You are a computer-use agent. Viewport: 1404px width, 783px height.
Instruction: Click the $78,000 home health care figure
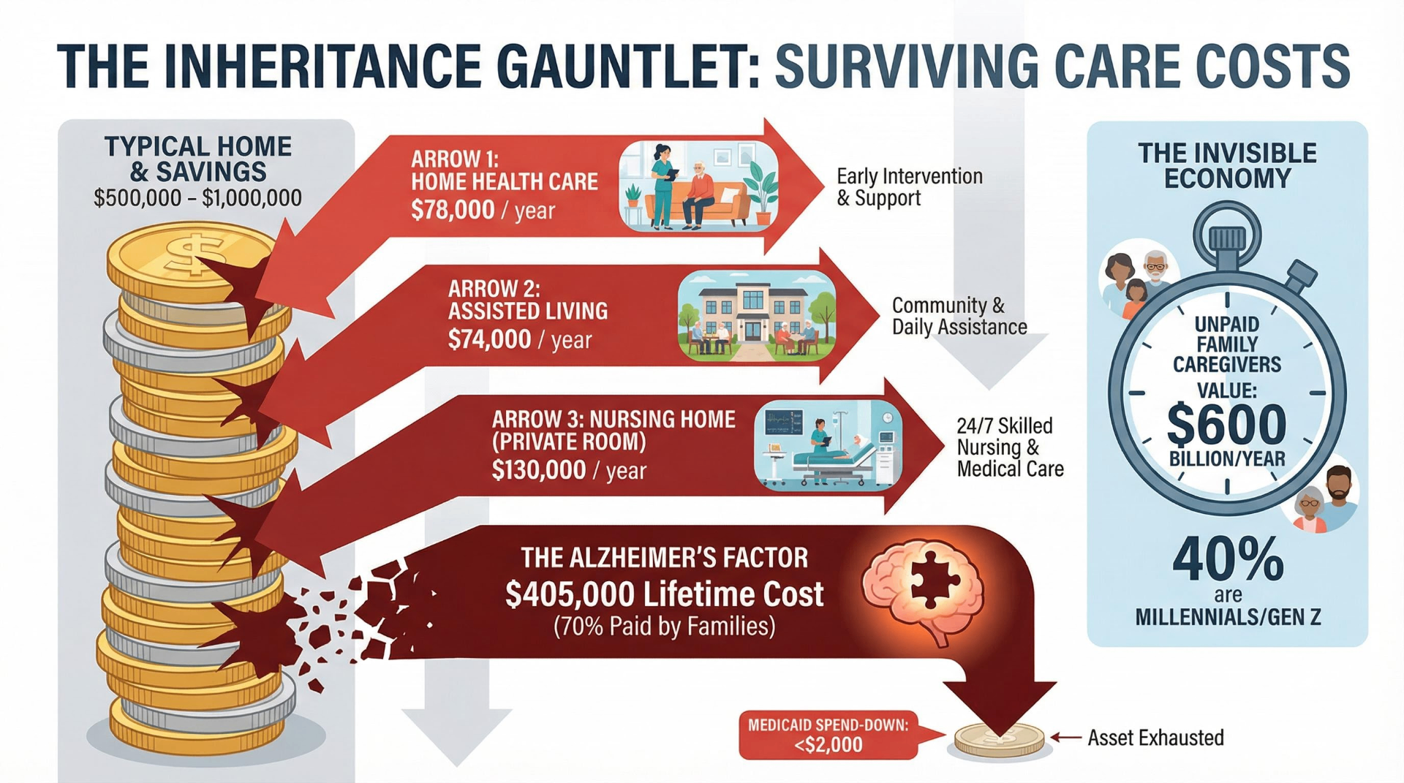click(453, 211)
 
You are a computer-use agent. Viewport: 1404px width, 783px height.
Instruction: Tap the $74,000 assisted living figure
click(489, 340)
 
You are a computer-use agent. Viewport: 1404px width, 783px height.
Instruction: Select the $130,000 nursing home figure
click(539, 469)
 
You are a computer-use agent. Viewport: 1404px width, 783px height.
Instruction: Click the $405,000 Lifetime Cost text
click(664, 594)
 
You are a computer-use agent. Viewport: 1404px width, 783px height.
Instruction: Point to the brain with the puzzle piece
click(923, 589)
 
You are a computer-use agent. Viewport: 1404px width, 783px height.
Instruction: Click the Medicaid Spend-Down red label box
click(828, 735)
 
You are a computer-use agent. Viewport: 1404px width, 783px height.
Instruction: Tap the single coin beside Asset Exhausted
click(1000, 740)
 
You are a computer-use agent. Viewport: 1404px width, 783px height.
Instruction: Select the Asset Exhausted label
click(1155, 738)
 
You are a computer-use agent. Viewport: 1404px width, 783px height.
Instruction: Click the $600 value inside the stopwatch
click(1226, 425)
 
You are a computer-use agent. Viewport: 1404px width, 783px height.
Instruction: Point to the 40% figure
click(1228, 560)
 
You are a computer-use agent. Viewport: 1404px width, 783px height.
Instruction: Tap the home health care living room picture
click(698, 186)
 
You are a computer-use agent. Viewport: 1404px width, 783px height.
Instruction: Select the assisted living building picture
click(756, 316)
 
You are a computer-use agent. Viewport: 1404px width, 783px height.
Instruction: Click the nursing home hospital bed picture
click(828, 445)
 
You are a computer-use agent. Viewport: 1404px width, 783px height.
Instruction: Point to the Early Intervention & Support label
click(909, 187)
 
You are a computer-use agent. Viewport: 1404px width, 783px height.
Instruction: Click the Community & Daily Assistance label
click(959, 316)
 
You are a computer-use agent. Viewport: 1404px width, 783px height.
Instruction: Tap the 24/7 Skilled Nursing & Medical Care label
click(1010, 447)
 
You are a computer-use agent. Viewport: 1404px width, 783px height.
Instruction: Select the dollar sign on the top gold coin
click(189, 252)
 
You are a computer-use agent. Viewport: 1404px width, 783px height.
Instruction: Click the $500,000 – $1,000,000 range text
click(197, 198)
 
